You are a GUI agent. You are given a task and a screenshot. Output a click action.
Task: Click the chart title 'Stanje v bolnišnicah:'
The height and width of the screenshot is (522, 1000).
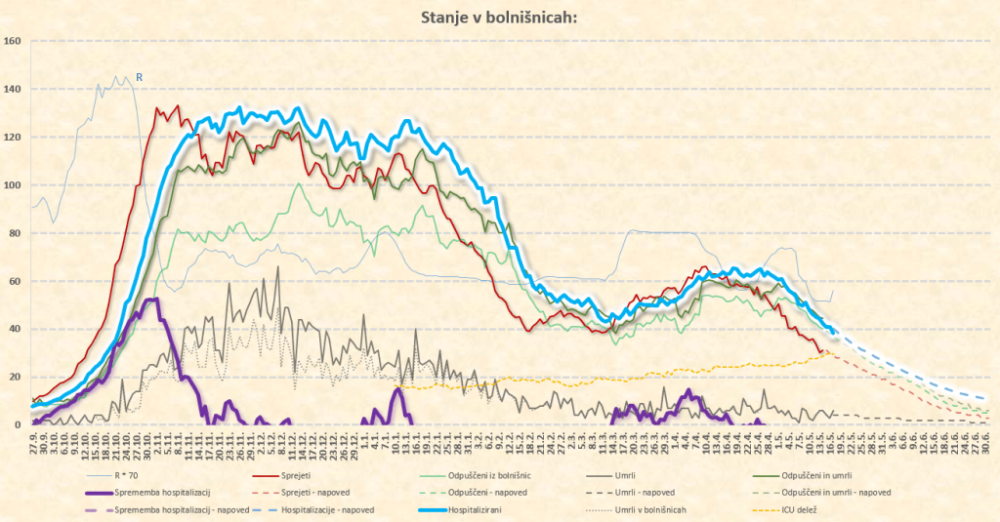500,17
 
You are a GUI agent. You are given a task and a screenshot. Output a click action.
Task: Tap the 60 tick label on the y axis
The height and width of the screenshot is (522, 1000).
14,281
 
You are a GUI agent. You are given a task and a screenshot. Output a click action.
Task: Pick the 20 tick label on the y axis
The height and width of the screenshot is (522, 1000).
14,377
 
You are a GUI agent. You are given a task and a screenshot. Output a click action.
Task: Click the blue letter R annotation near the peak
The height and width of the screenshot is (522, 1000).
139,77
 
